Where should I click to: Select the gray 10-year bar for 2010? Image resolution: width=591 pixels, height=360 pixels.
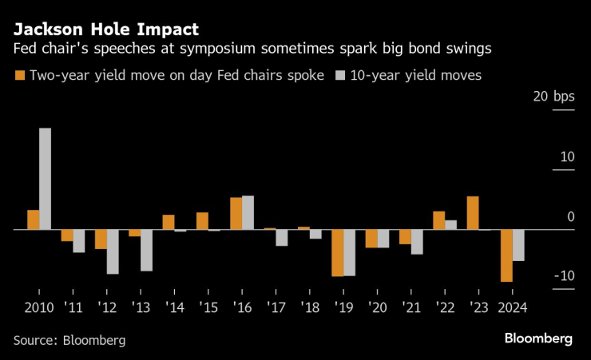point(46,179)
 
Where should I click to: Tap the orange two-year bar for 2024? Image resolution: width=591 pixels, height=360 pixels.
point(506,255)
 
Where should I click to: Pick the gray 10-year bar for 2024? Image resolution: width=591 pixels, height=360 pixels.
point(518,245)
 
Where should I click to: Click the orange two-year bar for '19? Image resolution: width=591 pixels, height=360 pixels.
point(338,253)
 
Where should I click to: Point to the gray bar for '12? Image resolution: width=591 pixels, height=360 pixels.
point(113,251)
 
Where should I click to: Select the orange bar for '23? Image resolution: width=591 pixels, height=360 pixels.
point(473,213)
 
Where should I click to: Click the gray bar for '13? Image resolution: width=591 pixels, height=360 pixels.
point(146,250)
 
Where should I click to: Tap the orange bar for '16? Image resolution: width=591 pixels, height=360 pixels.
point(236,213)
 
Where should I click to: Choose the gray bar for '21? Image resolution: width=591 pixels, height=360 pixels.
point(417,242)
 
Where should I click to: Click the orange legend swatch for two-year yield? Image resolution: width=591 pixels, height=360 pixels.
point(19,76)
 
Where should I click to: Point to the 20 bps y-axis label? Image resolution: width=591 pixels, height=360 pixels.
point(552,97)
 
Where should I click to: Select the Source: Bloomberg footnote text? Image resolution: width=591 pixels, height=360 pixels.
point(69,340)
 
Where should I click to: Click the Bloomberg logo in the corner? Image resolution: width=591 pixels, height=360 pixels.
point(537,338)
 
